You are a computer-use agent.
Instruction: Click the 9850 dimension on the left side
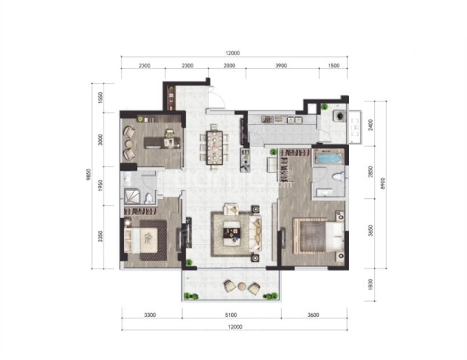(x=88, y=176)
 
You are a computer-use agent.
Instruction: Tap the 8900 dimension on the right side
(x=382, y=183)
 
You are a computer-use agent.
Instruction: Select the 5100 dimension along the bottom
(x=230, y=315)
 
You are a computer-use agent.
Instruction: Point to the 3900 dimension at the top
(x=281, y=66)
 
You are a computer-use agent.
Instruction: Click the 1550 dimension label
(x=101, y=98)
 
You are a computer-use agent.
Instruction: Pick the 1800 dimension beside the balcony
(x=370, y=284)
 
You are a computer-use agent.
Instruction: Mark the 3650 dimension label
(x=370, y=231)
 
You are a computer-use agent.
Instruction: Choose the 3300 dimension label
(x=150, y=315)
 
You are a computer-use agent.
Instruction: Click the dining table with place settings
(x=215, y=147)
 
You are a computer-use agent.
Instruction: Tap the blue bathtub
(x=328, y=157)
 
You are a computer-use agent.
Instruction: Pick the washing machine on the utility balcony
(x=340, y=116)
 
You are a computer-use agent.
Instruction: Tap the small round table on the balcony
(x=242, y=287)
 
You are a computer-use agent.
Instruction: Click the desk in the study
(x=162, y=142)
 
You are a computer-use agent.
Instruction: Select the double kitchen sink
(x=294, y=119)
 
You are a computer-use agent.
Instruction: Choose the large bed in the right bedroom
(x=319, y=236)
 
